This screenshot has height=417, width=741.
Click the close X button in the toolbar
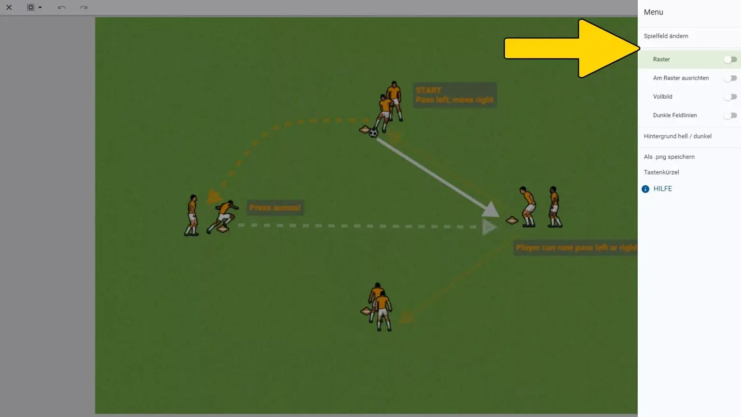[x=9, y=7]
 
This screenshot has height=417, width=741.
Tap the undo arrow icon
[x=61, y=7]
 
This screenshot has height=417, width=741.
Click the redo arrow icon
[x=83, y=7]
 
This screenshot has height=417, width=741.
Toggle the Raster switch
[x=730, y=59]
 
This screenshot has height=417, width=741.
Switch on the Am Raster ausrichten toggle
[x=730, y=78]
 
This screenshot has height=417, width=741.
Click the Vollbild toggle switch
[x=730, y=97]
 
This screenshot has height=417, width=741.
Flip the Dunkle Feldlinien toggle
[x=730, y=115]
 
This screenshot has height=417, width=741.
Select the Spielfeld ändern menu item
[x=666, y=36]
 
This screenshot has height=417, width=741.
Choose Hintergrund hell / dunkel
[x=677, y=136]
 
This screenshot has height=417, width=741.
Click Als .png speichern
[x=669, y=157]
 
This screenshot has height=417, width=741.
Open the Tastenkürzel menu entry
[x=661, y=172]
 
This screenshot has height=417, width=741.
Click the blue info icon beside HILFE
[x=645, y=189]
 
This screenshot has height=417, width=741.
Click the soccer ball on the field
[x=373, y=133]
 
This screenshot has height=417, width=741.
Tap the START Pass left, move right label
[x=454, y=95]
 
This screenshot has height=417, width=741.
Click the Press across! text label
[x=274, y=208]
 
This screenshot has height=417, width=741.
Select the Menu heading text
[x=653, y=12]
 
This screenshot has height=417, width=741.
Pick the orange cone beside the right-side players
[x=512, y=221]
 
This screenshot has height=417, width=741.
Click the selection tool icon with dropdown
[x=34, y=7]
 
